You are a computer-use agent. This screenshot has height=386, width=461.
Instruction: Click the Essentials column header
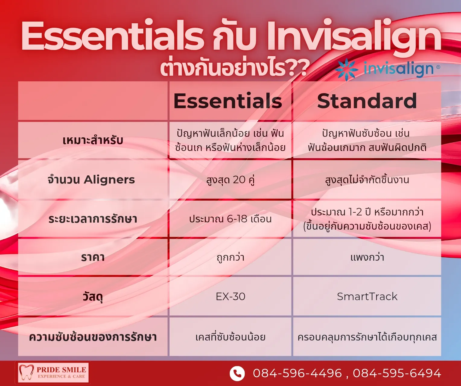pos(228,101)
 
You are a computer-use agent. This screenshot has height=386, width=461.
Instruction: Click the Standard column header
pos(367,101)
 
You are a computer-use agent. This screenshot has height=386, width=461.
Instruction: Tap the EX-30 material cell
pos(230,297)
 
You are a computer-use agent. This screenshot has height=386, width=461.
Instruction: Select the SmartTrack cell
pos(367,297)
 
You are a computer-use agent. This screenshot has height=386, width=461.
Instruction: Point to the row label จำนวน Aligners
pos(91,180)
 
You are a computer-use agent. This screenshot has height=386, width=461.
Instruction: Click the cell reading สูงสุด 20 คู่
pos(230,180)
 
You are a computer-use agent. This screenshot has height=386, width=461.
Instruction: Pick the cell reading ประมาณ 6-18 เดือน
pos(230,219)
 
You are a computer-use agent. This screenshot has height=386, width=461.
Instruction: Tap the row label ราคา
pos(93,257)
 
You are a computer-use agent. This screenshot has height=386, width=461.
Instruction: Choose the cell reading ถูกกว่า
pos(230,257)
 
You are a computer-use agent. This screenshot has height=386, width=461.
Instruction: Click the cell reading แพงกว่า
pos(367,257)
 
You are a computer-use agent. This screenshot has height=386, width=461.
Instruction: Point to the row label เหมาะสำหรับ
pos(93,140)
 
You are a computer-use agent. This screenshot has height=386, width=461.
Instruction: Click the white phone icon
pos(237,374)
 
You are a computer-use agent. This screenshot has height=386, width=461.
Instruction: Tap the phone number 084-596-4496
pos(297,373)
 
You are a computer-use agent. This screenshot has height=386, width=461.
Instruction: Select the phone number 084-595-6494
pos(397,373)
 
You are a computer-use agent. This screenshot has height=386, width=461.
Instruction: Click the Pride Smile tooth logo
pos(26,372)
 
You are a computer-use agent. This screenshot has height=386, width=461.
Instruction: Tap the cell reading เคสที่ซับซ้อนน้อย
pos(230,337)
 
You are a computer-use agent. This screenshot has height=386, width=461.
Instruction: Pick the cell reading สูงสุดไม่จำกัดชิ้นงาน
pos(367,180)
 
